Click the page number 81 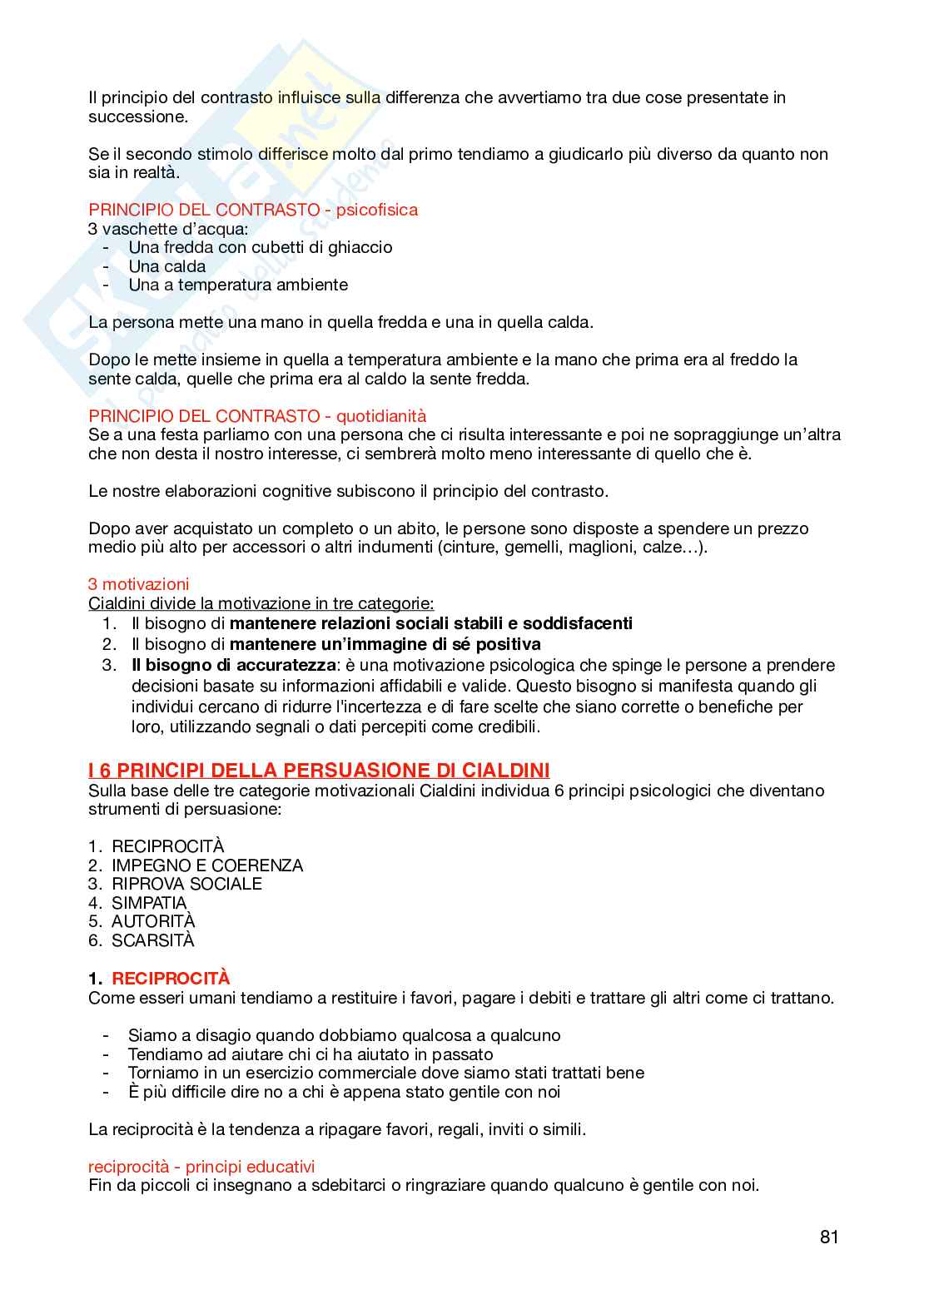coord(828,1237)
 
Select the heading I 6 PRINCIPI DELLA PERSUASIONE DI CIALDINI coord(319,771)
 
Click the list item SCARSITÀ coord(153,940)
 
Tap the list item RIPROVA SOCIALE coord(186,884)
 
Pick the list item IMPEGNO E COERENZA coord(207,865)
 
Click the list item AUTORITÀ coord(153,921)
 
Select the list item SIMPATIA coord(149,903)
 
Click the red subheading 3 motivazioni coord(138,584)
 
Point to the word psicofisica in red coord(376,210)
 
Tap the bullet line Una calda coord(166,266)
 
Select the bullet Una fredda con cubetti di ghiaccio coord(260,247)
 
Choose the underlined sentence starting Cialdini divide coord(261,602)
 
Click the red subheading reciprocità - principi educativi coord(201,1167)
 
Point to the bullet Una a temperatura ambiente coord(238,285)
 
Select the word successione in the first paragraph coord(137,117)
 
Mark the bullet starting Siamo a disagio coord(344,1035)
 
